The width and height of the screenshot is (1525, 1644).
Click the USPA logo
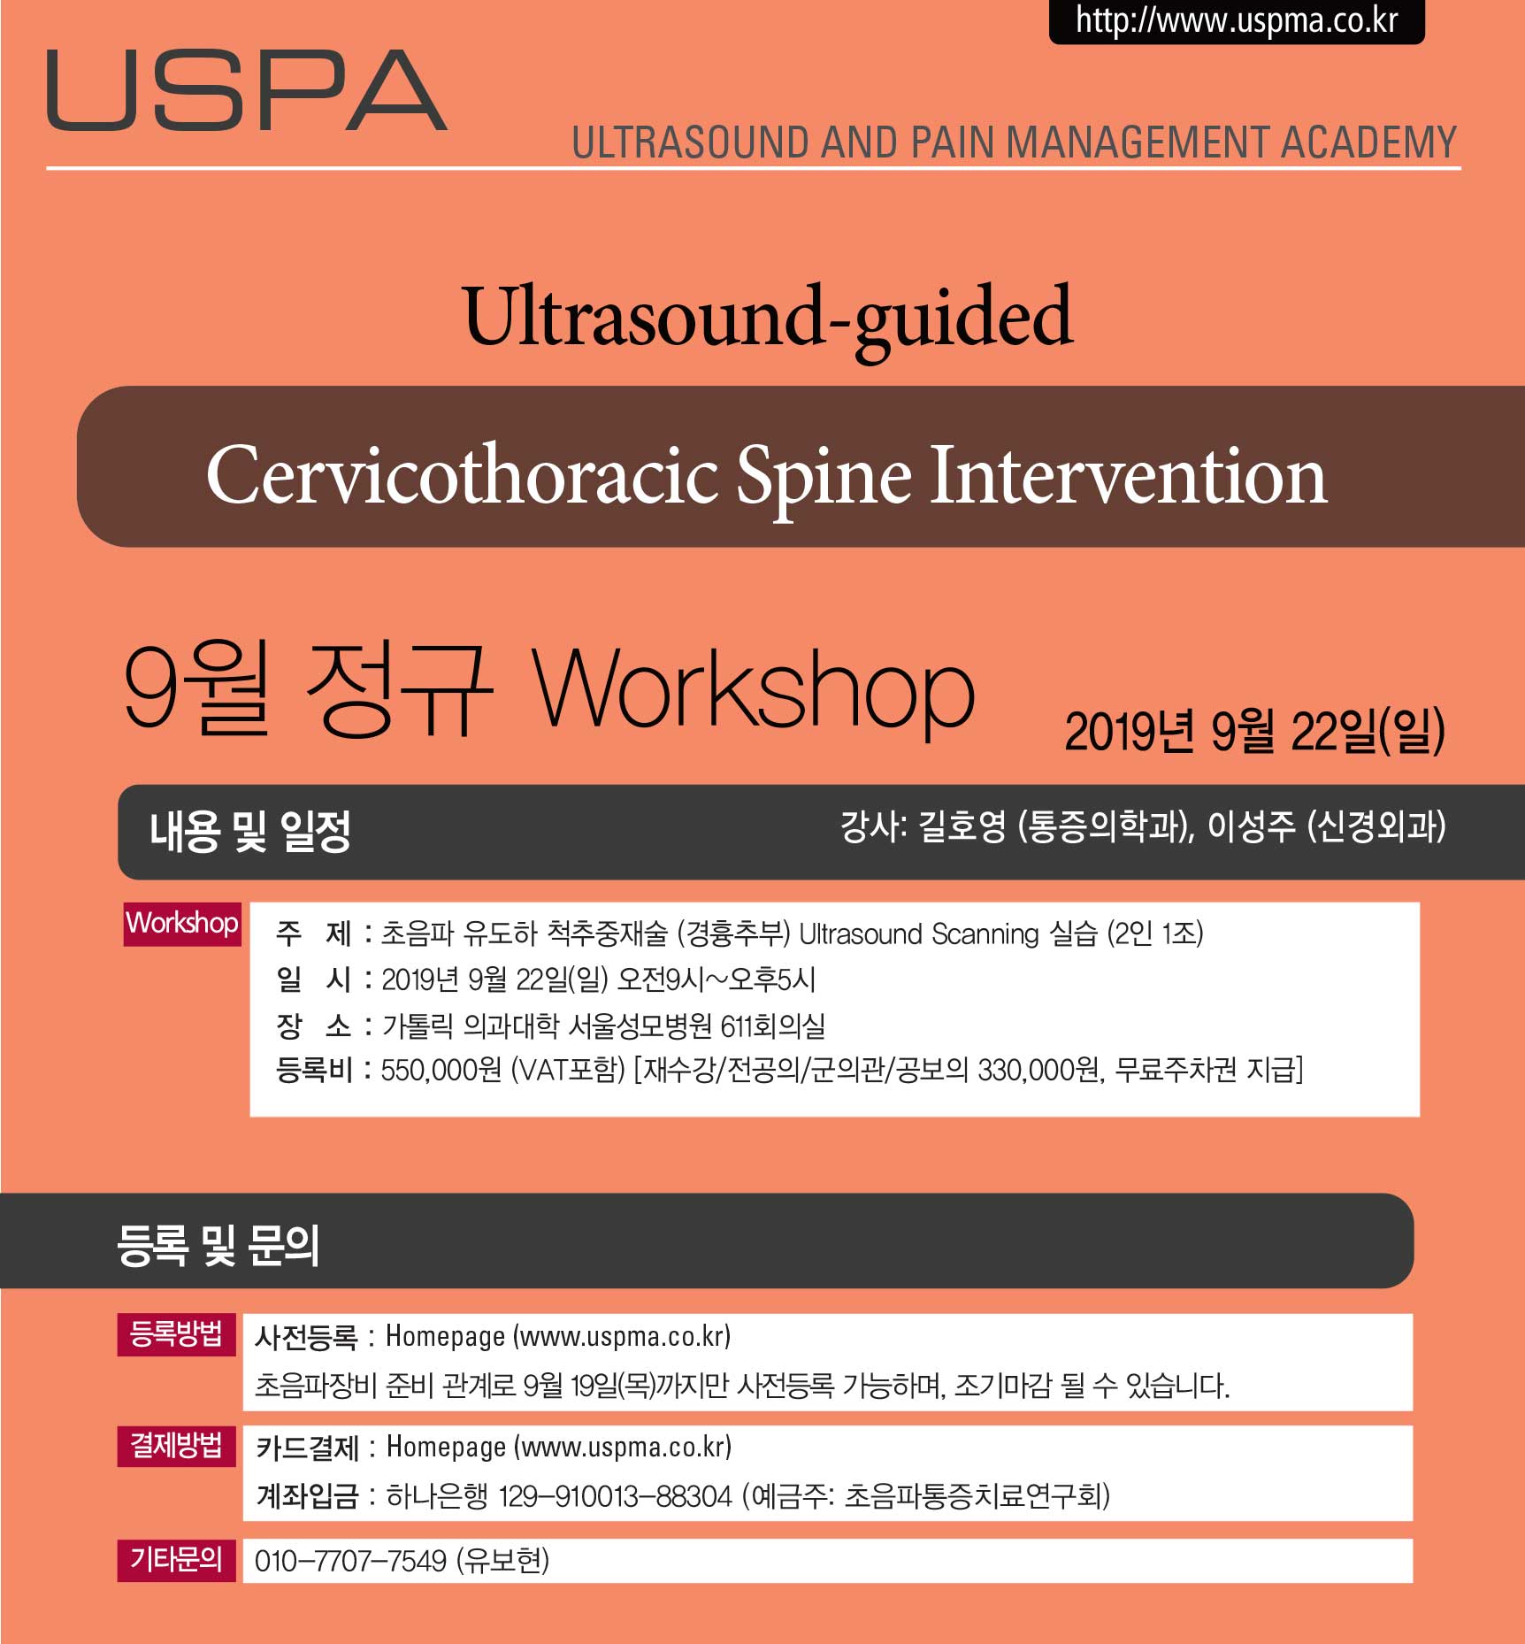coord(247,90)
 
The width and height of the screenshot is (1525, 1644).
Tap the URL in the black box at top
coord(1237,20)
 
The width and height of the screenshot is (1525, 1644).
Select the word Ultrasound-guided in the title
coord(768,319)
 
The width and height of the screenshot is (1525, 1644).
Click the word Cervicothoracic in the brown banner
coord(461,475)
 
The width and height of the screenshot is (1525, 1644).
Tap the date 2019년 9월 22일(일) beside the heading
coord(1254,731)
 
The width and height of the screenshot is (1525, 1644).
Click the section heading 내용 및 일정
coord(250,832)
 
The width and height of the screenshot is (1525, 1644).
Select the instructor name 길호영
coord(962,826)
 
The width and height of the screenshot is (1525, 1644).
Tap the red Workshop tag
coord(182,924)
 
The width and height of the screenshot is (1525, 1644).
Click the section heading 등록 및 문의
coord(218,1245)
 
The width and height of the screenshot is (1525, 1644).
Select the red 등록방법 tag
coord(176,1334)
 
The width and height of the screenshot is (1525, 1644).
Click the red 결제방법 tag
coord(176,1446)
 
